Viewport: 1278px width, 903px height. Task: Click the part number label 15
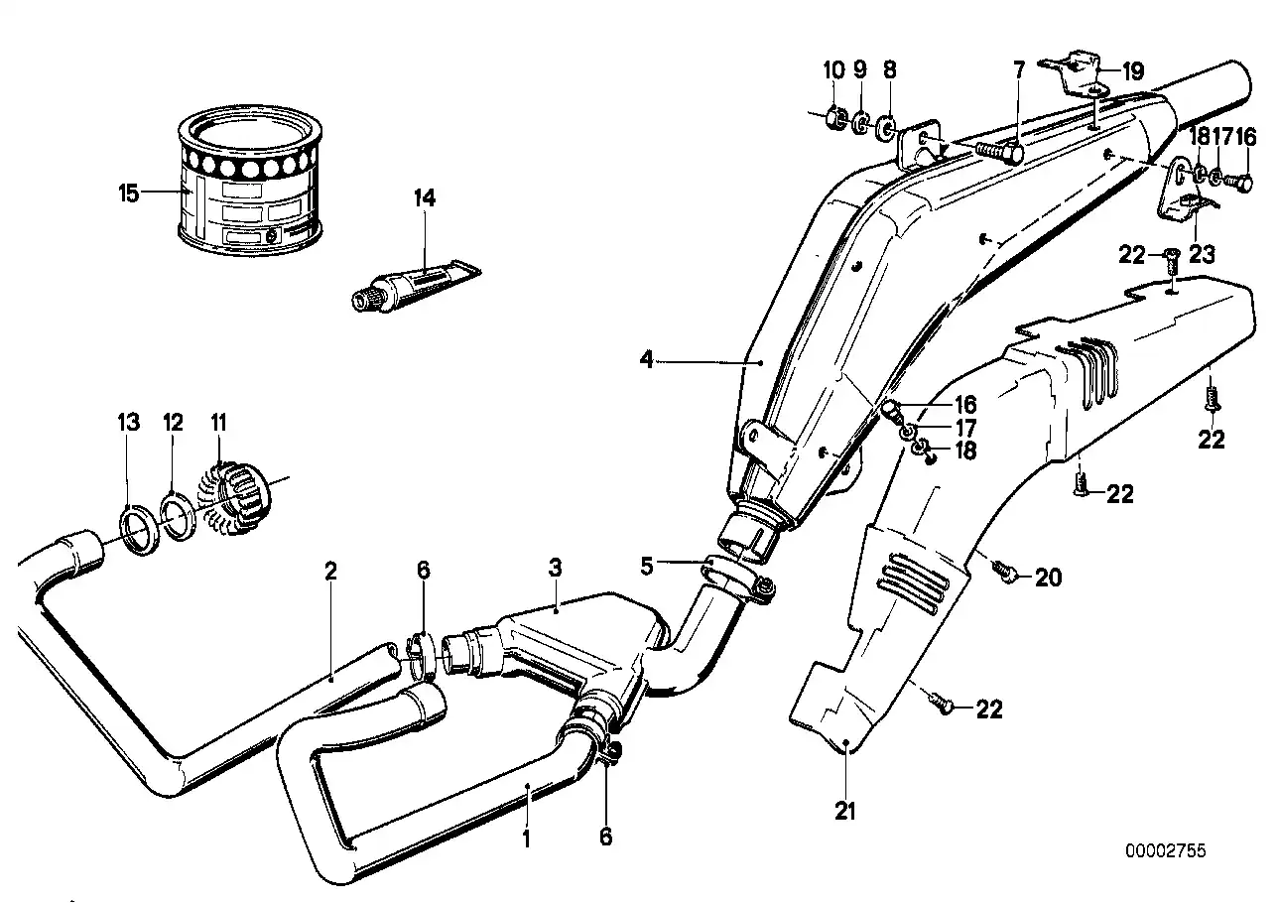[x=129, y=193]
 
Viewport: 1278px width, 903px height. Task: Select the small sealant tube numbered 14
[x=412, y=283]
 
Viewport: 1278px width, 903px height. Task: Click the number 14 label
[x=425, y=198]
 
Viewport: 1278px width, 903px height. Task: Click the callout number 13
[x=129, y=423]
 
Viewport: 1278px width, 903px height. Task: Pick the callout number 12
[x=174, y=423]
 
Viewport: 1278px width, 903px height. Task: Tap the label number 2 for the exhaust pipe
[x=330, y=571]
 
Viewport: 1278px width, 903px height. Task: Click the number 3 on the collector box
[x=556, y=568]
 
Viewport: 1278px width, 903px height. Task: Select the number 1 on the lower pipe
[x=527, y=838]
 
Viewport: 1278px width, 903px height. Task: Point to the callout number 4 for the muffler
[x=647, y=361]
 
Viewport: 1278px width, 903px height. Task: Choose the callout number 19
[x=1132, y=70]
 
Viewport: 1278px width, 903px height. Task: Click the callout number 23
[x=1202, y=255]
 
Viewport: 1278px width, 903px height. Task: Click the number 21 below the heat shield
[x=844, y=812]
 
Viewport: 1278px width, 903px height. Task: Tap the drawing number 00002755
[x=1165, y=850]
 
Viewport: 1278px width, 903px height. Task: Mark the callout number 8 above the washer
[x=889, y=69]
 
